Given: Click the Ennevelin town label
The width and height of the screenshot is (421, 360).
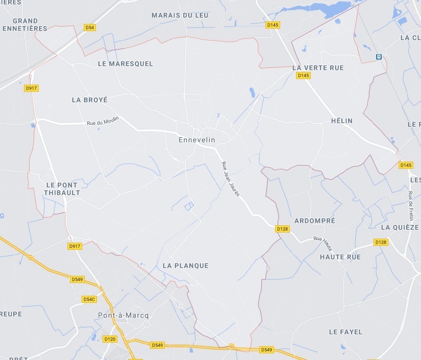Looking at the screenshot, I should [197, 140].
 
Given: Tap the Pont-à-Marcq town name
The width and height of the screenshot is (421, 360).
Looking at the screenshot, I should [123, 315].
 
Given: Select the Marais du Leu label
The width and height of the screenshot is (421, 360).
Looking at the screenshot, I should [180, 15].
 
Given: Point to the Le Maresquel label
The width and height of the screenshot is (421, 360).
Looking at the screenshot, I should [125, 64].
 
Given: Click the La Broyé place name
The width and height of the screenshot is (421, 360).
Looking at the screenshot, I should [90, 100].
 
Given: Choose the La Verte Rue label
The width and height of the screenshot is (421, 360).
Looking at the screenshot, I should [318, 67].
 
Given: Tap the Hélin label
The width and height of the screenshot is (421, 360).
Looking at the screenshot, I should [342, 121].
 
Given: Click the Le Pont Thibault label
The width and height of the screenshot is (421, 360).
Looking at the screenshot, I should [62, 189].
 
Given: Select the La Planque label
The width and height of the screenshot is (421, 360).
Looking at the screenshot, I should [186, 266].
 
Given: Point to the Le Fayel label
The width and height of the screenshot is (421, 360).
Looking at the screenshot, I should [345, 332].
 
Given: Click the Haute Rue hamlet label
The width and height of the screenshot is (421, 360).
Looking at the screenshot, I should [340, 257].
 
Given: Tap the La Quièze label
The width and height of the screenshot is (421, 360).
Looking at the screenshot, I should [400, 227].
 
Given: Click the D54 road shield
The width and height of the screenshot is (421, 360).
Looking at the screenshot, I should [90, 27].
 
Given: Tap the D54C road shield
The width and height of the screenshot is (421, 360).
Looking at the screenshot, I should [89, 299].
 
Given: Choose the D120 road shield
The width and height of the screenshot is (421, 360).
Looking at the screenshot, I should [110, 339].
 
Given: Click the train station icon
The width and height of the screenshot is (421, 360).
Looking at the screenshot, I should [379, 57].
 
